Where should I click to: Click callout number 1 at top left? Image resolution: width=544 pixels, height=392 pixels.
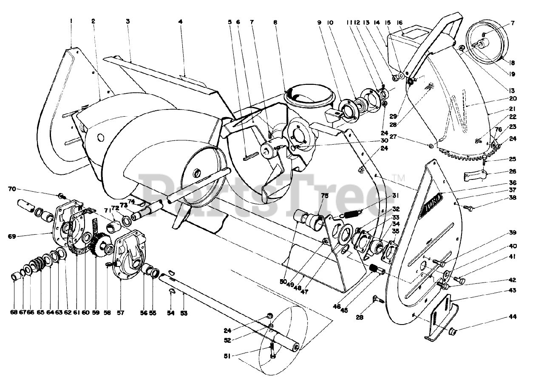click(x=71, y=20)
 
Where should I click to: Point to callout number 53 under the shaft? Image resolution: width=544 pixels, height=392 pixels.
click(x=184, y=313)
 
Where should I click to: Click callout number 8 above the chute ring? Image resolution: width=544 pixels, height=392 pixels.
click(x=275, y=21)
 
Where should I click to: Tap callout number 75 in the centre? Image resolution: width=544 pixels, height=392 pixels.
click(x=325, y=196)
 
